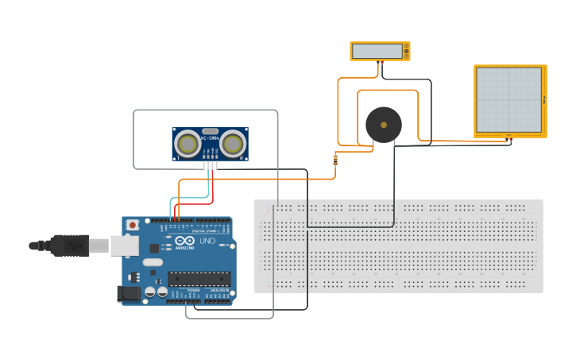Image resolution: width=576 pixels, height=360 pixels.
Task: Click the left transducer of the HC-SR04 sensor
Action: pyautogui.click(x=187, y=144)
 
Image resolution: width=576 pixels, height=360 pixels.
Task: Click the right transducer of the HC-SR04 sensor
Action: pyautogui.click(x=232, y=144)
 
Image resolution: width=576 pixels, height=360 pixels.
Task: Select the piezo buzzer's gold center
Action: pyautogui.click(x=384, y=125)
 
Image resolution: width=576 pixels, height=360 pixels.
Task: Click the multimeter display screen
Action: pyautogui.click(x=377, y=51)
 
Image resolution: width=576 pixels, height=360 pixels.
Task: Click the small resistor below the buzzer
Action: pyautogui.click(x=335, y=160)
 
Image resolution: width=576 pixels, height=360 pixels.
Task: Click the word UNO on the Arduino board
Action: pyautogui.click(x=207, y=241)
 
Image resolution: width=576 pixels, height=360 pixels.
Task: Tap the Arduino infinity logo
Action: pyautogui.click(x=185, y=241)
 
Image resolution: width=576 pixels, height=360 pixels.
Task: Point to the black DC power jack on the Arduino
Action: pyautogui.click(x=129, y=293)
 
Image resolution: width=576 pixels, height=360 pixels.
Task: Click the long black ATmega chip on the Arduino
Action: pyautogui.click(x=199, y=278)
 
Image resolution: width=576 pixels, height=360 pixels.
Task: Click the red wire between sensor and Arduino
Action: pyautogui.click(x=200, y=203)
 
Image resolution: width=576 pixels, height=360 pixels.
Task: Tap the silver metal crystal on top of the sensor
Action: pyautogui.click(x=210, y=131)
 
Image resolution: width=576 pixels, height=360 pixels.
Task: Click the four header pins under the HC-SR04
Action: pyautogui.click(x=210, y=165)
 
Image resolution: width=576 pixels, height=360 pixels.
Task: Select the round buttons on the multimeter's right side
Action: pyautogui.click(x=407, y=51)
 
